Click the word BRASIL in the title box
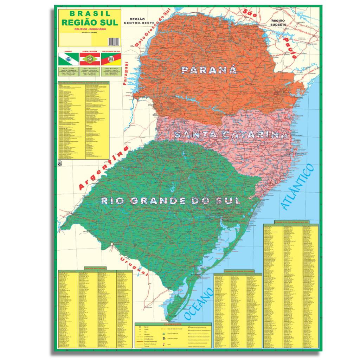(90, 14)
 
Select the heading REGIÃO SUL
(90, 22)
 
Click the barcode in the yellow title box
(114, 41)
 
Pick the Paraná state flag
(67, 59)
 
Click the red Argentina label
(103, 169)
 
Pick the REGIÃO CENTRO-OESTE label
(139, 21)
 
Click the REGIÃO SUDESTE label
(278, 23)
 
